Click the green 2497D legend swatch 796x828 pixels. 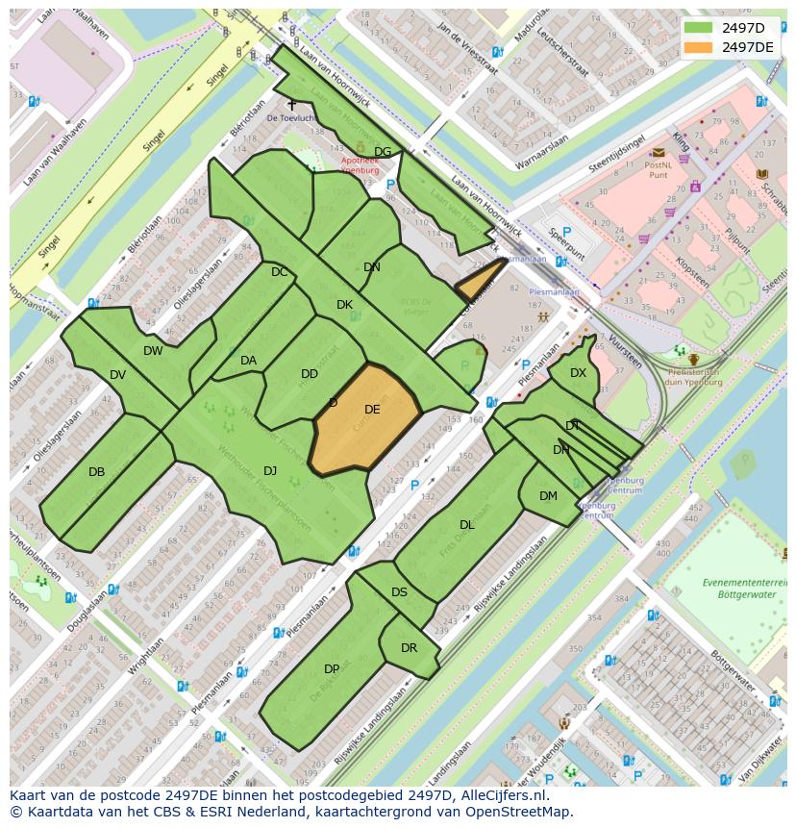coord(699,27)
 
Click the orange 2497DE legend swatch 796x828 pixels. coord(699,46)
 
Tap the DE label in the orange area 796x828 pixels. coord(372,410)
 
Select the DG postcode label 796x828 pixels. coord(383,152)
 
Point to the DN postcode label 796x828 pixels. coord(372,267)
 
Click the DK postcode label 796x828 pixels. coord(344,305)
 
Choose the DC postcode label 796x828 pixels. coord(279,272)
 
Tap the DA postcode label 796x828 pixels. coord(248,361)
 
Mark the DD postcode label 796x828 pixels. coord(309,374)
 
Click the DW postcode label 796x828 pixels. coord(153,351)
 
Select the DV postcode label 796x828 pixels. coord(117,375)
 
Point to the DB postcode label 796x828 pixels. coord(96,472)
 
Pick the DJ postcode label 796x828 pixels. coord(270,470)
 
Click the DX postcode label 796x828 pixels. coord(578,373)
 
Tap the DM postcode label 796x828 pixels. coord(548,496)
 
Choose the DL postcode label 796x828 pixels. coord(467,525)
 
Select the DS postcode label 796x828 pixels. coord(399,592)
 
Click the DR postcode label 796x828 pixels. coord(409,648)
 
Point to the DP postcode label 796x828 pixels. coord(332,669)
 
